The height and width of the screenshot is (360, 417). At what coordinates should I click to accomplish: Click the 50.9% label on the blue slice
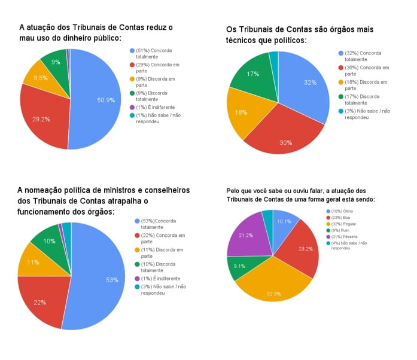point(106,100)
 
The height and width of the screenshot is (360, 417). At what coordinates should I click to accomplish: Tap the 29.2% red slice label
point(41,119)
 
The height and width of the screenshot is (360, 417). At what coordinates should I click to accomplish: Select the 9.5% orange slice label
point(40,78)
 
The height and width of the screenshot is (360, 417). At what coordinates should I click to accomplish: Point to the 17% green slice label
point(253,74)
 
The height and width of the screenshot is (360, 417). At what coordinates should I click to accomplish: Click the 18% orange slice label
point(241,112)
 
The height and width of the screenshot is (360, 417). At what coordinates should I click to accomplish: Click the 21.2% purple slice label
point(246,236)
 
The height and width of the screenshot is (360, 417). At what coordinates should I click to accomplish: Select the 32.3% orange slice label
point(273,277)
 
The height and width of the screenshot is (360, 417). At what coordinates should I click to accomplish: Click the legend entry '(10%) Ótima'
point(340,211)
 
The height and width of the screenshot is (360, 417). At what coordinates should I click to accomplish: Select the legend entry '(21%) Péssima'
point(342,236)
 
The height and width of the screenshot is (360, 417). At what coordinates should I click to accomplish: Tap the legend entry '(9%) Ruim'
point(339,230)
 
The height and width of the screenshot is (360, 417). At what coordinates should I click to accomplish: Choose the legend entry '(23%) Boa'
point(339,217)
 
